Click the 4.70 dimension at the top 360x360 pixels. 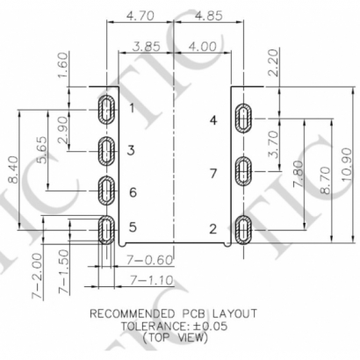pos(140,15)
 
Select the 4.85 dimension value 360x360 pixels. pos(209,15)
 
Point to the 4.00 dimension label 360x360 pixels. pos(203,46)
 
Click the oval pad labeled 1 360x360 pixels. pos(106,109)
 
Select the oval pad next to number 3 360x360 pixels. pos(106,150)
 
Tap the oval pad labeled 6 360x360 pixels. pos(106,190)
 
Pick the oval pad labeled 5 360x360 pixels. pos(106,230)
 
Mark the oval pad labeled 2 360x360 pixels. pos(245,231)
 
